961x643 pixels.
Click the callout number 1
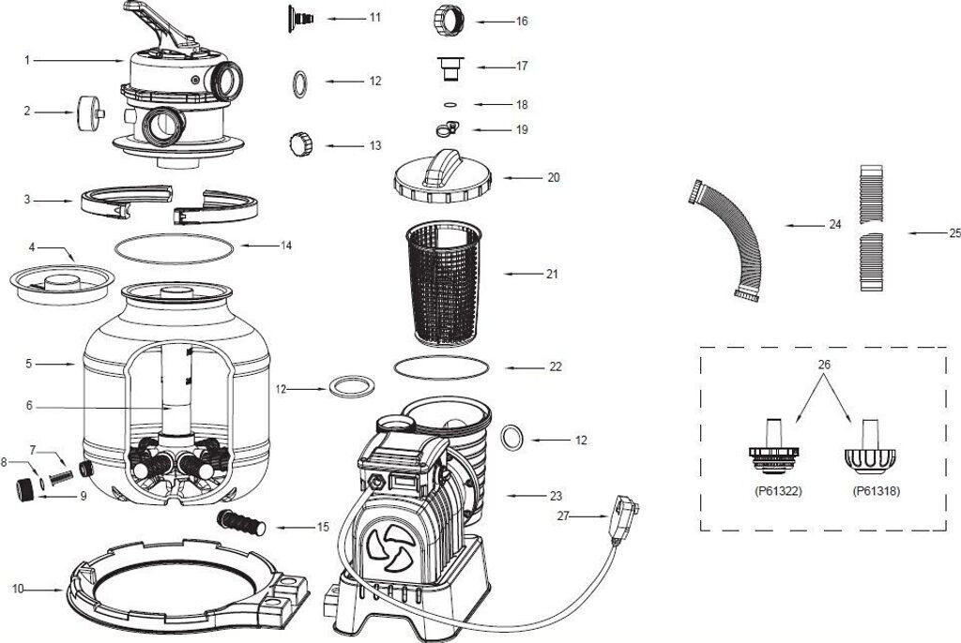[28, 61]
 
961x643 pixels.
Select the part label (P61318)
[876, 490]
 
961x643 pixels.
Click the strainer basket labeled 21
[445, 281]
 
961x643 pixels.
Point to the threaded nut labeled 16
[447, 19]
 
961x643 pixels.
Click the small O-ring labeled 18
[450, 105]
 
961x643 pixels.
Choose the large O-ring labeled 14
[175, 248]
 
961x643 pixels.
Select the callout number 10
[18, 589]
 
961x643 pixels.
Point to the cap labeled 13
[299, 144]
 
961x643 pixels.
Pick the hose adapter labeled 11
[301, 18]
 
